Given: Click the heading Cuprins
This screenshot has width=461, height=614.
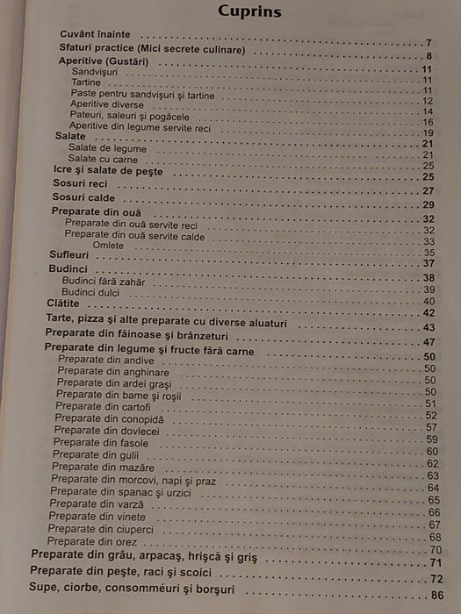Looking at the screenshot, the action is click(x=249, y=12).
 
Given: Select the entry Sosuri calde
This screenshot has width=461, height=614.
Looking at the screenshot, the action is click(x=83, y=198).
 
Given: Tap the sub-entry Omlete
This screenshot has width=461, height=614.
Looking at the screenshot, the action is click(x=106, y=244).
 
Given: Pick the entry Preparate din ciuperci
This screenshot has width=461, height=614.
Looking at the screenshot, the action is click(x=101, y=529).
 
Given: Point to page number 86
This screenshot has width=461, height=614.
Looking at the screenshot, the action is click(x=435, y=596).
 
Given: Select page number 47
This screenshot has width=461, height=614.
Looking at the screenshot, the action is click(x=429, y=342).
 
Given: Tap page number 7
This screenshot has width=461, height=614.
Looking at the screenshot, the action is click(x=429, y=43).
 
